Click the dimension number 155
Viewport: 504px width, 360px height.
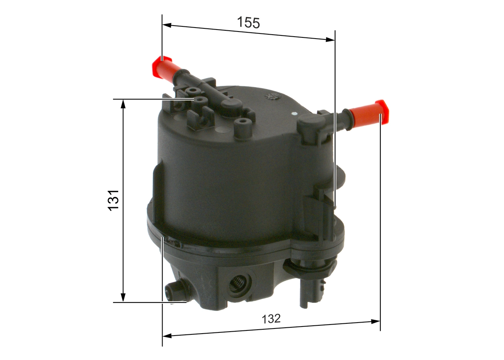pos(248,23)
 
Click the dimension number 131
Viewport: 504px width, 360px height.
pos(114,200)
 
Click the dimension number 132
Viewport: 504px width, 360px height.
pos(271,319)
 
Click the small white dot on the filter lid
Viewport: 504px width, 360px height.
pos(294,114)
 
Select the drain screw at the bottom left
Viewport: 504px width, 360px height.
pos(174,291)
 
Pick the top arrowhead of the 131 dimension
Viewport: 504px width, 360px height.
pos(123,104)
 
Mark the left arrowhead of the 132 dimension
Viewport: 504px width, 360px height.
pos(167,336)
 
